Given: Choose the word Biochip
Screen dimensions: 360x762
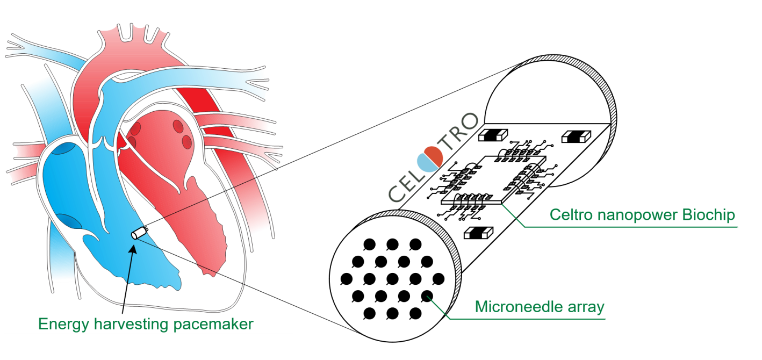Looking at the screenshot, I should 708,215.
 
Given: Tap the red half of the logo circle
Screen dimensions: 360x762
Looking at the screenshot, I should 434,155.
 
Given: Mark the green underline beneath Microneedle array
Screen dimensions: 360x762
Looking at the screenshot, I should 527,319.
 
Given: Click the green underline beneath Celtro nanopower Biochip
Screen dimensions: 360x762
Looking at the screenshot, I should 629,226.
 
